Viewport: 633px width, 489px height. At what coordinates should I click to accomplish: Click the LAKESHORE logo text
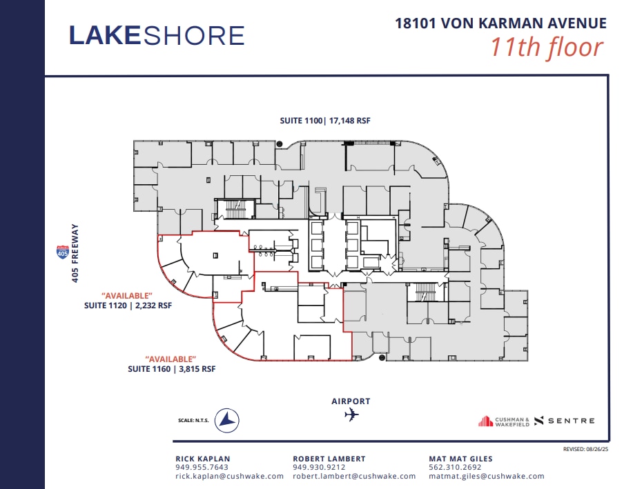point(157,35)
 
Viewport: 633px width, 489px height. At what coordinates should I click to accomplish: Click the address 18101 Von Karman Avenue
point(500,23)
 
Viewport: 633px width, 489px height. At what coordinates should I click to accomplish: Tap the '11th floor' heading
point(547,48)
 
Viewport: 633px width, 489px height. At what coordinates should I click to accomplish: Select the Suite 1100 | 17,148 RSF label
point(325,121)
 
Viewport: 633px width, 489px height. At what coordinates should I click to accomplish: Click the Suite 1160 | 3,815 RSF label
point(171,369)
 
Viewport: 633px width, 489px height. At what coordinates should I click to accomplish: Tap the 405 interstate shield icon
point(62,253)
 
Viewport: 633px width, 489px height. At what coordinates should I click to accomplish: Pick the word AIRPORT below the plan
point(351,401)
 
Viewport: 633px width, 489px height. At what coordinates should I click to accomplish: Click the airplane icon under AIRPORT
point(351,415)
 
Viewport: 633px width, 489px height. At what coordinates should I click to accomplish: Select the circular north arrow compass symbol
point(226,419)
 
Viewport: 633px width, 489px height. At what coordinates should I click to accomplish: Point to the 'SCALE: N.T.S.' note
point(194,419)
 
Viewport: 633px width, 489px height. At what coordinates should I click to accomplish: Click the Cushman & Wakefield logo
point(504,421)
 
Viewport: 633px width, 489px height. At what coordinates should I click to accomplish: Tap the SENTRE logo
point(565,421)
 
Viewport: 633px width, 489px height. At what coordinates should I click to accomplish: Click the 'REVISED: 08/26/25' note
point(585,449)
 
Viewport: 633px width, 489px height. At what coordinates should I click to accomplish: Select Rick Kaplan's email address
point(229,476)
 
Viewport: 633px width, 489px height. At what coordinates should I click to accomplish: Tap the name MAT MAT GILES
point(461,459)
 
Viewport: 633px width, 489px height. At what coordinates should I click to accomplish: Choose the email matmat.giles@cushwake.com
point(487,476)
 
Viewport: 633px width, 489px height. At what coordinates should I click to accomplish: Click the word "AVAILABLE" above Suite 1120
point(126,296)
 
